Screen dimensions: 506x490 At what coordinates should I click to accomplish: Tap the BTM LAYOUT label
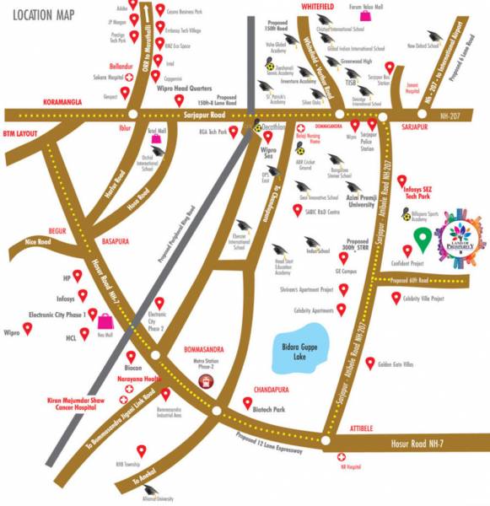click(21, 133)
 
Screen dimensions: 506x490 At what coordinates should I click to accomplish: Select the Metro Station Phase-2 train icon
click(204, 381)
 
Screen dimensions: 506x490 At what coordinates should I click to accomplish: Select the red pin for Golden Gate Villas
click(369, 363)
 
